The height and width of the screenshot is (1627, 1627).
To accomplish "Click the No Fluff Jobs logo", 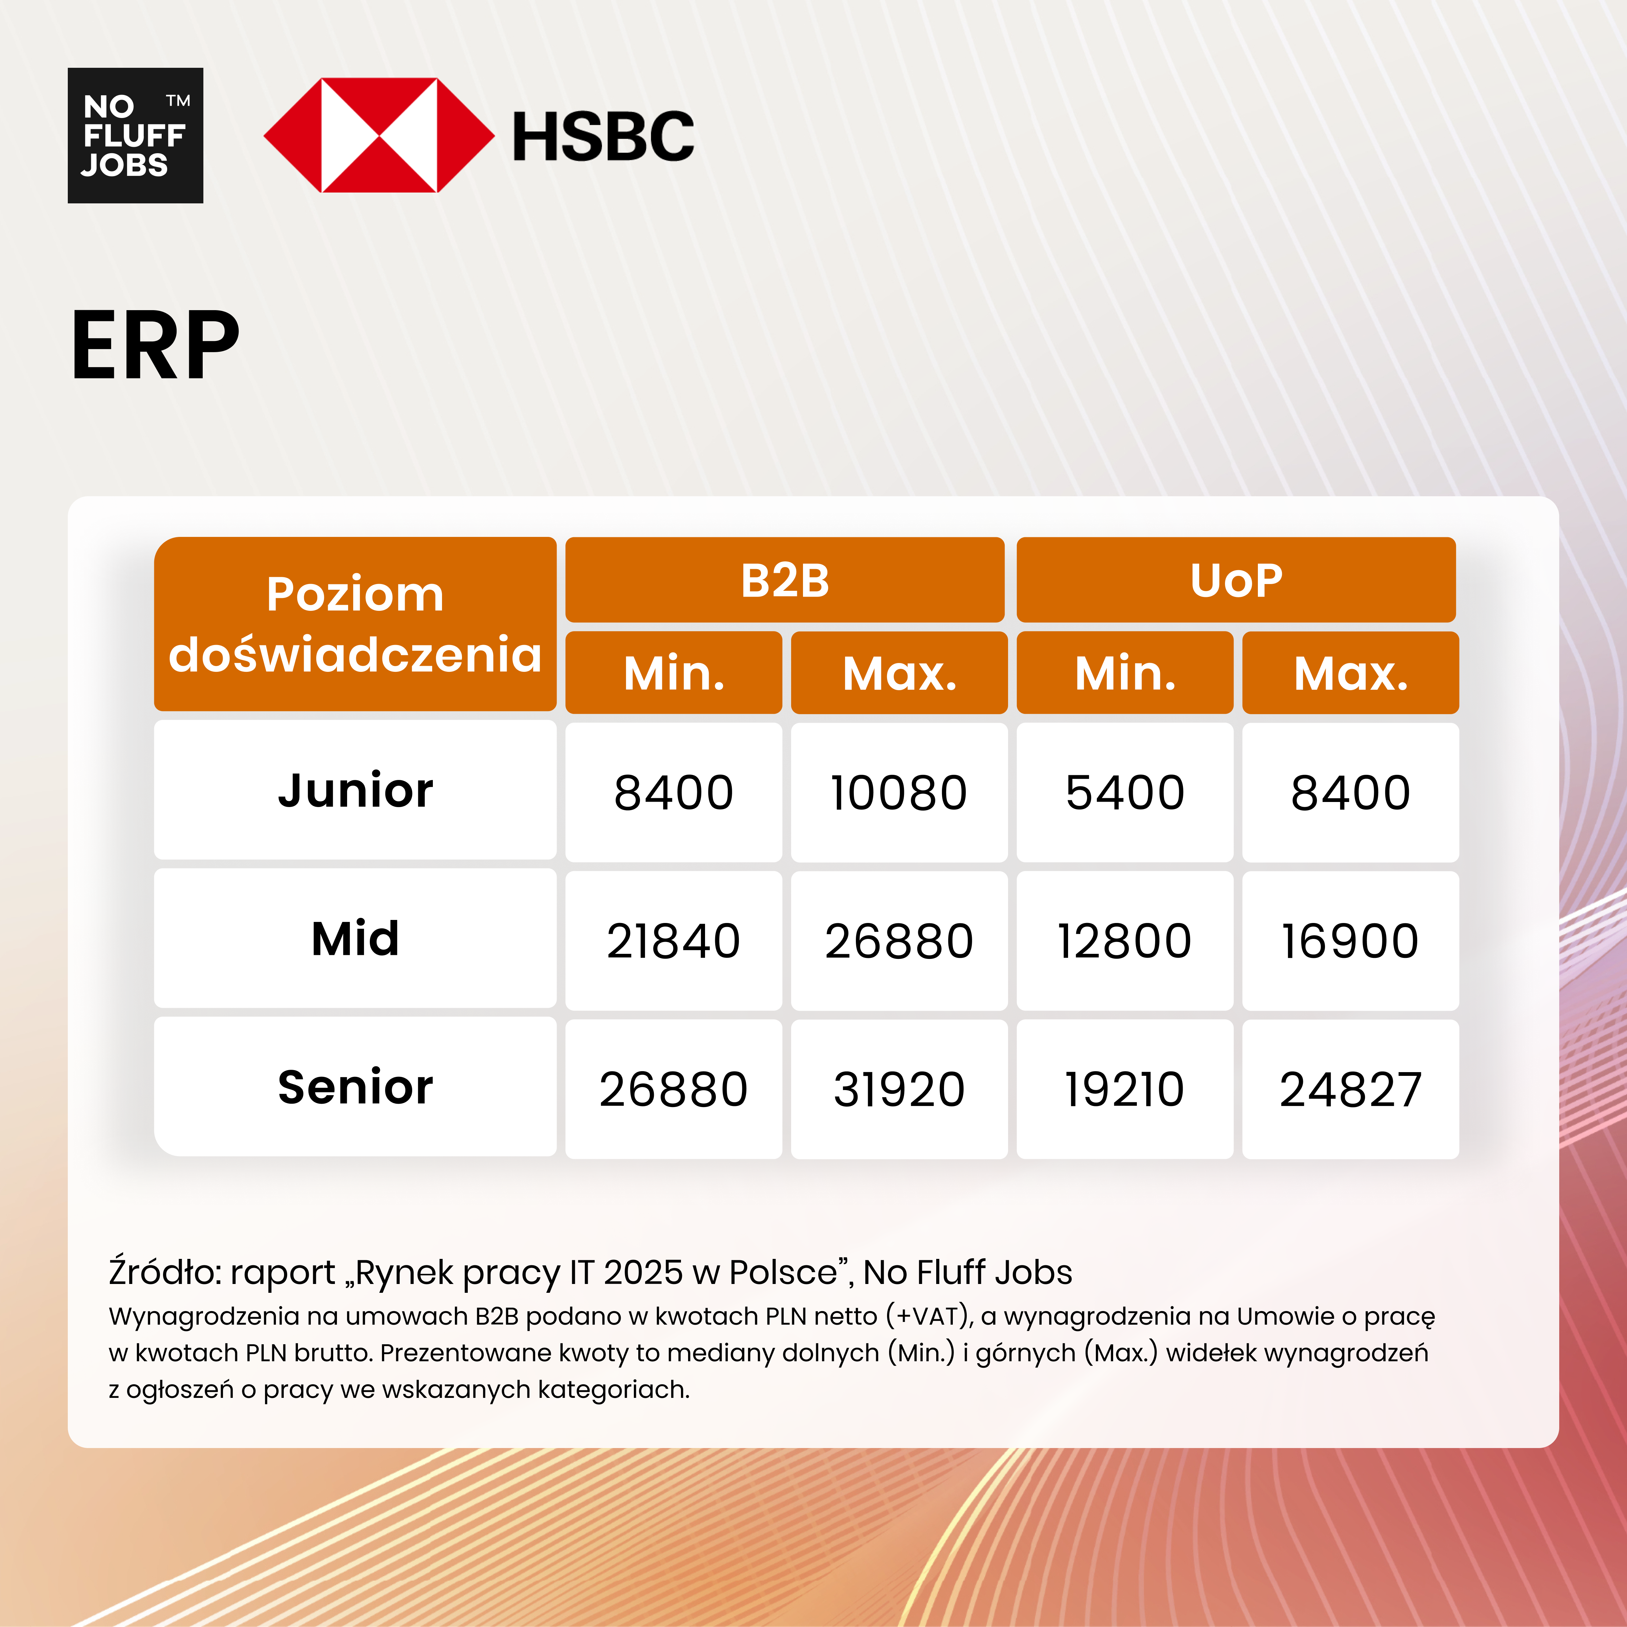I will pyautogui.click(x=135, y=135).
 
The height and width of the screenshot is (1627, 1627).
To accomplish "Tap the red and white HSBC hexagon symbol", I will pyautogui.click(x=379, y=135).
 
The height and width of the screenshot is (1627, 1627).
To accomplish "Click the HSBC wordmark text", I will pyautogui.click(x=603, y=136).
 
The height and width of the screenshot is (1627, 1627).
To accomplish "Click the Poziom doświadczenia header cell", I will pyautogui.click(x=355, y=624).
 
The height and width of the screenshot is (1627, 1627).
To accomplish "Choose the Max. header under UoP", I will pyautogui.click(x=1350, y=673).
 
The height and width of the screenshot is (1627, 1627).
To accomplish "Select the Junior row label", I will pyautogui.click(x=355, y=791).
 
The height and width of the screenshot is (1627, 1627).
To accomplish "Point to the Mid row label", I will pyautogui.click(x=355, y=939).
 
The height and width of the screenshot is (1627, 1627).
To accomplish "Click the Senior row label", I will pyautogui.click(x=355, y=1087).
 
